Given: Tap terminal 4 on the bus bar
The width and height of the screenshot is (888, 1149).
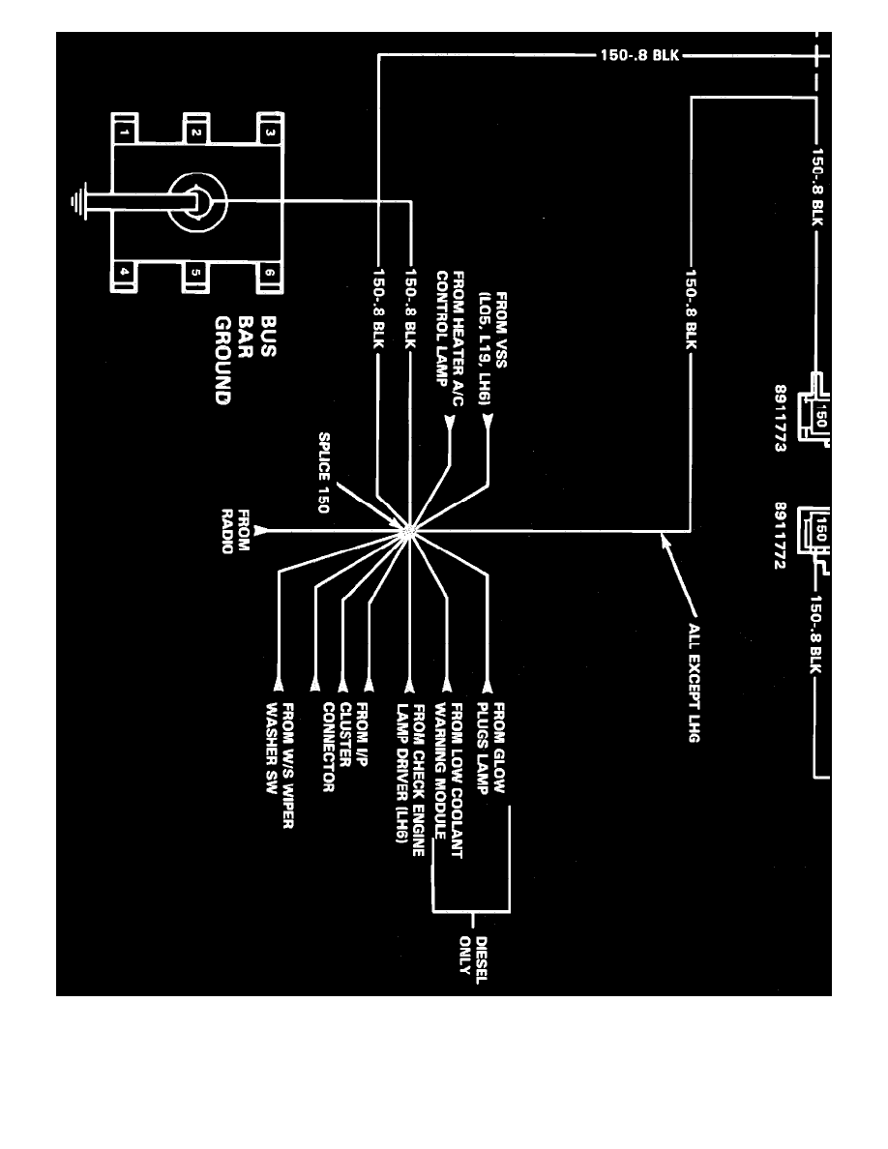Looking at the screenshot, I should (124, 274).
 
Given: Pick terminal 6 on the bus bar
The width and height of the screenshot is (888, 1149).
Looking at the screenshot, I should (270, 274).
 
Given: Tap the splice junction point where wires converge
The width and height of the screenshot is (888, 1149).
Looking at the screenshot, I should (410, 530).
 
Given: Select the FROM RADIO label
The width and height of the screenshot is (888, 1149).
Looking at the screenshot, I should (236, 531).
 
